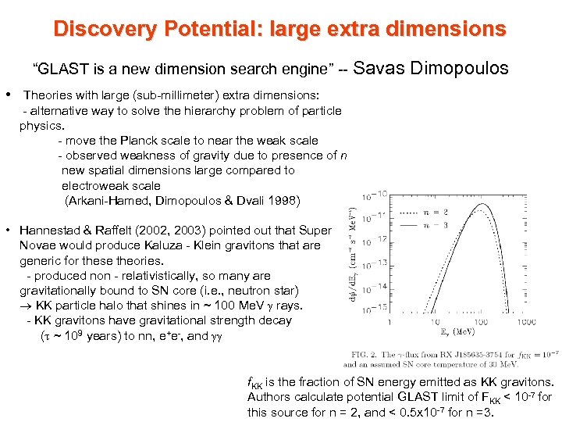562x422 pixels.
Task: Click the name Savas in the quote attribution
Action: [388, 68]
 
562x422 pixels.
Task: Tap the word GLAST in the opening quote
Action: [58, 69]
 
